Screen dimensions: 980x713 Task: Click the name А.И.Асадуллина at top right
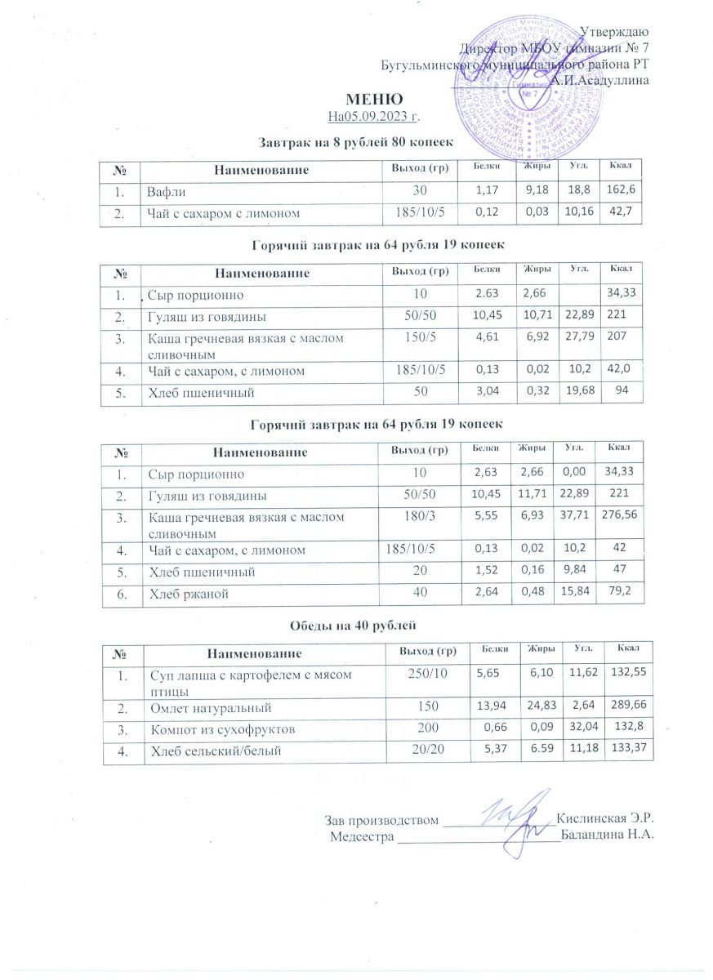tap(600, 80)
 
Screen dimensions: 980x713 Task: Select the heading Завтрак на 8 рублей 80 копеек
tap(355, 143)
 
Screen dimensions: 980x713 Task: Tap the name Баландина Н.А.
tap(608, 835)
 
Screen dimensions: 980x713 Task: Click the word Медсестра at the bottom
tap(362, 835)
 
